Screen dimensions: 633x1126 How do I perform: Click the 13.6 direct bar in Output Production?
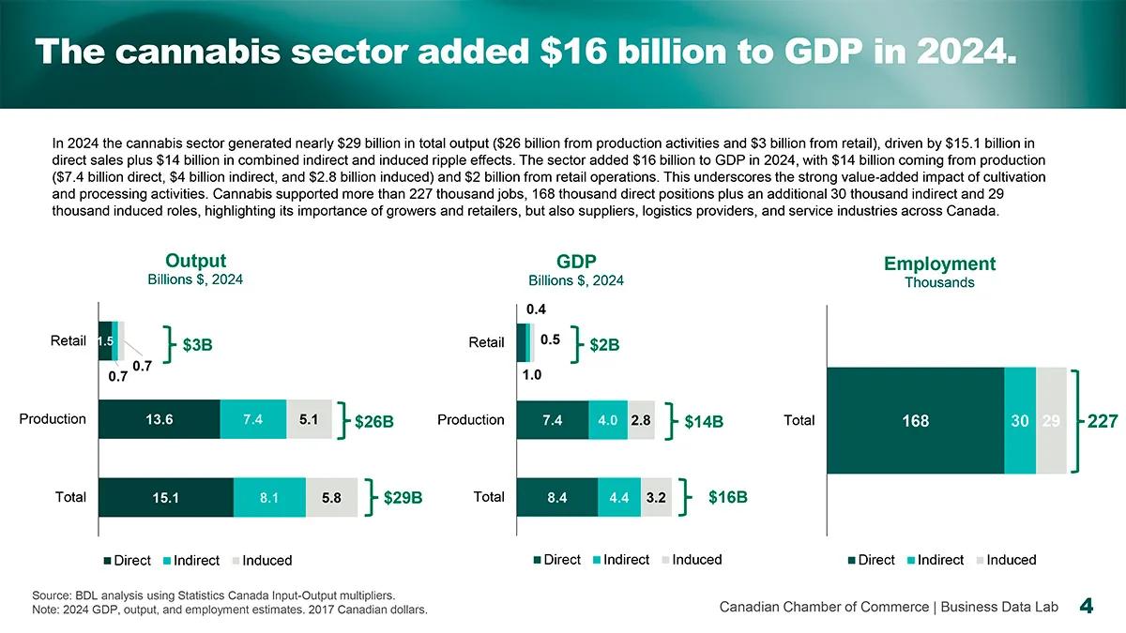[x=159, y=419]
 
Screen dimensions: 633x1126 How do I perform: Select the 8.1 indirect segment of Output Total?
[x=269, y=498]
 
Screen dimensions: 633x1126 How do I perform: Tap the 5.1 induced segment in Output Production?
[x=309, y=419]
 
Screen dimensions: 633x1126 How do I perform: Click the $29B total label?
[x=403, y=498]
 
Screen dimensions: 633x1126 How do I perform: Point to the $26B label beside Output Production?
[x=373, y=422]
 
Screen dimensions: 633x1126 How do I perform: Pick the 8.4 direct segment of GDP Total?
[x=556, y=498]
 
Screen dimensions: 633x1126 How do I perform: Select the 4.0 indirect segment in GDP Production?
[x=607, y=420]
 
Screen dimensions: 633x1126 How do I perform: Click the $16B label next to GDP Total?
[x=728, y=497]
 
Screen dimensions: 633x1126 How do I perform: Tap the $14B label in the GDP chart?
[x=704, y=422]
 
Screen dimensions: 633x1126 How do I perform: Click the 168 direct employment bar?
[x=915, y=421]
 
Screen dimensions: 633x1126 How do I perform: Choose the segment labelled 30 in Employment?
[x=1020, y=421]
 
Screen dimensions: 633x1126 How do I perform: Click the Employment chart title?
[x=939, y=264]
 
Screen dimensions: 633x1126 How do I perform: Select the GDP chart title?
[x=576, y=261]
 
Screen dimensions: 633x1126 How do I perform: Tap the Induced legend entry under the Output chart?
[x=266, y=561]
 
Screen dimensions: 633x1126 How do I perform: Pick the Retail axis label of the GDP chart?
[x=486, y=342]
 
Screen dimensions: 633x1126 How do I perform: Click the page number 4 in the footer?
[x=1087, y=607]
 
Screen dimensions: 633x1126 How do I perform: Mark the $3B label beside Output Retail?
[x=197, y=345]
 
